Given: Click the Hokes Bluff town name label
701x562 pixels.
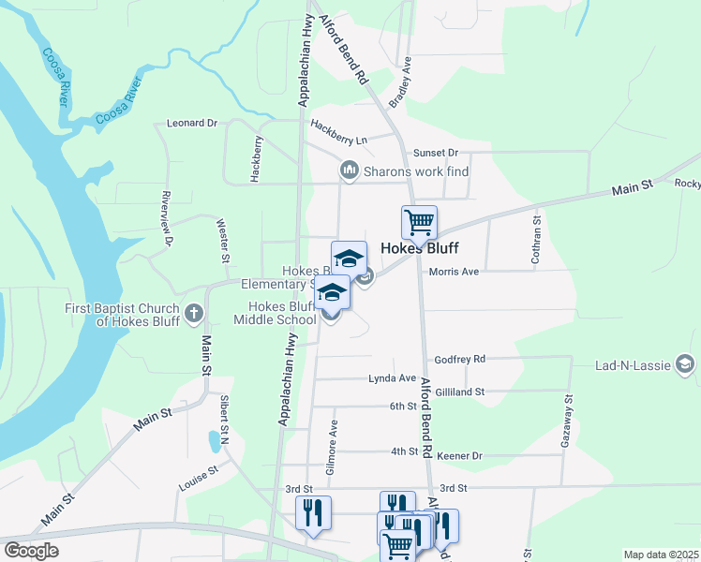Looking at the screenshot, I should [420, 250].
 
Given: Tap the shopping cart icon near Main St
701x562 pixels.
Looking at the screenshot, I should [419, 223].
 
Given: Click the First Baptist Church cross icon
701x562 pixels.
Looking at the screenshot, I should [194, 312].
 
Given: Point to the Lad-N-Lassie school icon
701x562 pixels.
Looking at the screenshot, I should [685, 364].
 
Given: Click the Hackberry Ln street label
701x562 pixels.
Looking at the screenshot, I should [338, 132].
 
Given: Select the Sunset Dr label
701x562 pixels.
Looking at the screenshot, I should [436, 153].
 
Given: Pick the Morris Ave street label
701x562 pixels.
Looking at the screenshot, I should [454, 272].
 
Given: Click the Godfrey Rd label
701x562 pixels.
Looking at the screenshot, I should [459, 359].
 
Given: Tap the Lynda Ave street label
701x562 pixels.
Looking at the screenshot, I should [393, 378].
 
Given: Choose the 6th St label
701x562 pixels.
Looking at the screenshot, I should [403, 407].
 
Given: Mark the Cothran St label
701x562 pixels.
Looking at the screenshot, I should [537, 240].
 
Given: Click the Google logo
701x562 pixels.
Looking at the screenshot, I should [30, 551].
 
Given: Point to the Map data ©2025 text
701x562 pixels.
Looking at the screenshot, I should [661, 555].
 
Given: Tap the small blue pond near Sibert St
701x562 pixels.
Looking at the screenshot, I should [215, 439].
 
